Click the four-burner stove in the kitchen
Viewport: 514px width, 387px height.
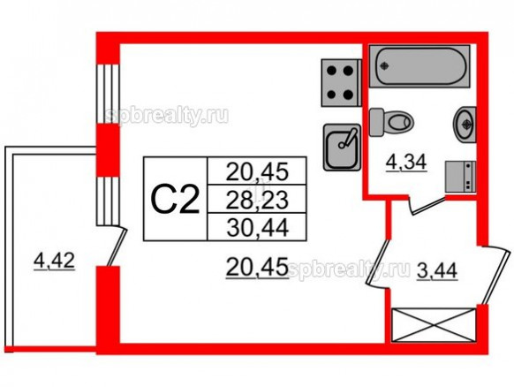click(341, 83)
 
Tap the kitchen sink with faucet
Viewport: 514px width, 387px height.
click(343, 148)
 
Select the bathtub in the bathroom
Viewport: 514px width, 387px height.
click(420, 66)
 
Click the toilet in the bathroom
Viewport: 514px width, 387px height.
click(391, 122)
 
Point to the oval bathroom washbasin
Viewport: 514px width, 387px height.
click(465, 124)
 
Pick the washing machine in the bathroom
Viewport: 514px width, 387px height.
click(460, 176)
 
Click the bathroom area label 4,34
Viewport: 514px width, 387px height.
click(406, 163)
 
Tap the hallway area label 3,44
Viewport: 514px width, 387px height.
click(436, 271)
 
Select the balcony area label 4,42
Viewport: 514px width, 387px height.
click(55, 262)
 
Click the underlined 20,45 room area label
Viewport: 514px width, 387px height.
click(257, 267)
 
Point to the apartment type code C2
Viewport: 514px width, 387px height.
click(175, 199)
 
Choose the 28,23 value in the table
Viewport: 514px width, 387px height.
click(257, 200)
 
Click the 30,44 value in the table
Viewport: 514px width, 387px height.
click(257, 228)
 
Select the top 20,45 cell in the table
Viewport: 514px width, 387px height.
click(257, 171)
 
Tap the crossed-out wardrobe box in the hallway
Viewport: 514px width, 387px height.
click(434, 324)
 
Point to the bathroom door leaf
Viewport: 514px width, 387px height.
click(427, 205)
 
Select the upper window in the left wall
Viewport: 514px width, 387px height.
click(107, 94)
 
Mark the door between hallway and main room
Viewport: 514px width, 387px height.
click(378, 263)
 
